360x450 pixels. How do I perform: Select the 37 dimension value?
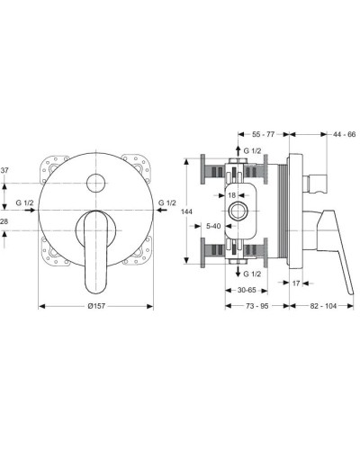(x=5, y=169)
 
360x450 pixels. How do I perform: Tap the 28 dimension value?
(x=5, y=220)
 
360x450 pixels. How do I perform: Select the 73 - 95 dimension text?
(x=256, y=307)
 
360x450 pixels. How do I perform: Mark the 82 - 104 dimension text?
(x=326, y=307)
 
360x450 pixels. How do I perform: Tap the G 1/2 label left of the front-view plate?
(x=25, y=202)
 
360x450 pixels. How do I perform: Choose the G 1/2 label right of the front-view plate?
(x=167, y=202)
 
